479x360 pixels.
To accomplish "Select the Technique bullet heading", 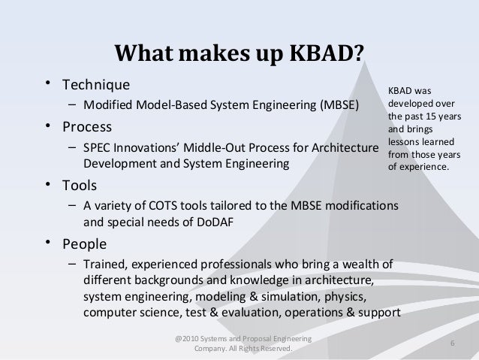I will (95, 83).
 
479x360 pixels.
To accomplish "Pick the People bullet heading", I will (84, 244).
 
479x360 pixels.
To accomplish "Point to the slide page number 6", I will (452, 343).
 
